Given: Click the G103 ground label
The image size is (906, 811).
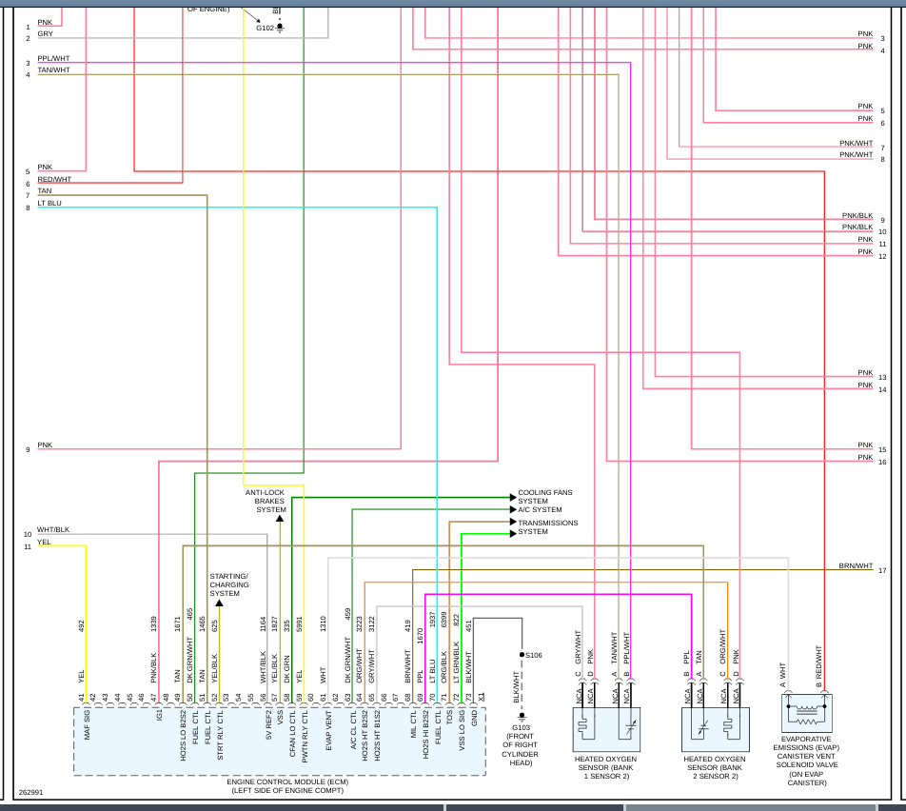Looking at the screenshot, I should tap(521, 728).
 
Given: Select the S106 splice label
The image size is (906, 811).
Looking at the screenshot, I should tap(534, 655).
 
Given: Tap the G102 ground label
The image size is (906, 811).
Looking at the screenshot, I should tap(265, 28).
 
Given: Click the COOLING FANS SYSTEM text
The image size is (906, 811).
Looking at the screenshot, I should tap(545, 497).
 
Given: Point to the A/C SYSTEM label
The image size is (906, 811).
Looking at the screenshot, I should tap(540, 510).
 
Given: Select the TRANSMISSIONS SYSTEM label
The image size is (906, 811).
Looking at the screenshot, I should tap(547, 527).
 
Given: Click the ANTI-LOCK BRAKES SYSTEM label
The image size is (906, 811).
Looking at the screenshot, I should tap(265, 501).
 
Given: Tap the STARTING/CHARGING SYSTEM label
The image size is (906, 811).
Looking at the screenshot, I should tap(228, 584).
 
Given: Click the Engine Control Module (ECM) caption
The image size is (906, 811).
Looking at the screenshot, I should tap(281, 786).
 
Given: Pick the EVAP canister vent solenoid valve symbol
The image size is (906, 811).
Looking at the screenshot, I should tap(807, 712).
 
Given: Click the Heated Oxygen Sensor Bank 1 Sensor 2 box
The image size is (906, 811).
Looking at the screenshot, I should tap(606, 729).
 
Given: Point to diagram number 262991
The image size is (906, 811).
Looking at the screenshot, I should tap(30, 792).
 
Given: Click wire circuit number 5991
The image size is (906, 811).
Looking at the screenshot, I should tap(299, 623).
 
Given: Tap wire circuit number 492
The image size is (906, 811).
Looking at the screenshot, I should tap(81, 625).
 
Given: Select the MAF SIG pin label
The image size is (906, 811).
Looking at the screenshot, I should tap(86, 725).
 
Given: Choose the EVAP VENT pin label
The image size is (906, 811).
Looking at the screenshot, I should tap(328, 730).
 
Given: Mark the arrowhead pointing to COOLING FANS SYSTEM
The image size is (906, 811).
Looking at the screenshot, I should tap(513, 497).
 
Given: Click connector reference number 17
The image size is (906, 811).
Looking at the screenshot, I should tap(882, 570).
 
